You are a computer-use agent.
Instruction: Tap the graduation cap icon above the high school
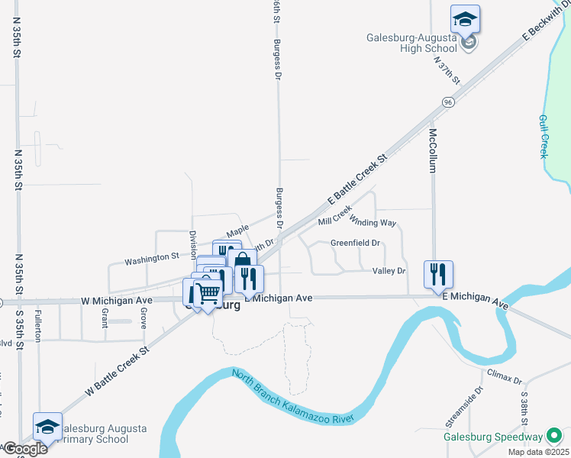464,18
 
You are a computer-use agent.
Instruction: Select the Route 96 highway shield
447,102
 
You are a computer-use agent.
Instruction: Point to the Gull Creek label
544,136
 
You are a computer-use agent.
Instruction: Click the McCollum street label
432,150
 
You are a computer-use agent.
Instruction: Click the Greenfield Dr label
355,244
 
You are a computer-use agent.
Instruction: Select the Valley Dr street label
389,271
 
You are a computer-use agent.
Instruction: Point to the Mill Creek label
334,216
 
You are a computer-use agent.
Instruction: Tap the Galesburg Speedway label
493,437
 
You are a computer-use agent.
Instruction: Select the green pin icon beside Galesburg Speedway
554,437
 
